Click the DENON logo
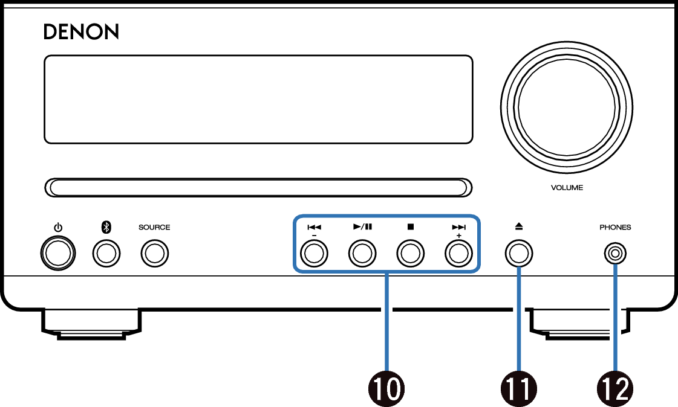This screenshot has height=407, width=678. point(81,32)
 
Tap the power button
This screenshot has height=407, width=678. point(58,254)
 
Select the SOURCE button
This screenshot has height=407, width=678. point(154,254)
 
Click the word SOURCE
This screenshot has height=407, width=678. point(154,228)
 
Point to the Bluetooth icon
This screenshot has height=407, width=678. point(106,227)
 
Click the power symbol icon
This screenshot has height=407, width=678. point(58,228)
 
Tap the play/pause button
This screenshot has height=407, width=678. point(362,254)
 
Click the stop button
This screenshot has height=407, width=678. point(410,254)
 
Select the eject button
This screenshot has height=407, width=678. point(519,254)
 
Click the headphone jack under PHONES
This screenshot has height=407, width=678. point(615,254)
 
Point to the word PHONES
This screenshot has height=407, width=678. point(615,228)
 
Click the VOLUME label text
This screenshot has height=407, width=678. point(567,188)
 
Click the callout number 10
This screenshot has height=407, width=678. point(386,389)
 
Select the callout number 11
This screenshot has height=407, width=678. point(519,389)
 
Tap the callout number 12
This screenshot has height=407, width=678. point(615,389)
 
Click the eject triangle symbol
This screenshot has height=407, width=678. point(519,226)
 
